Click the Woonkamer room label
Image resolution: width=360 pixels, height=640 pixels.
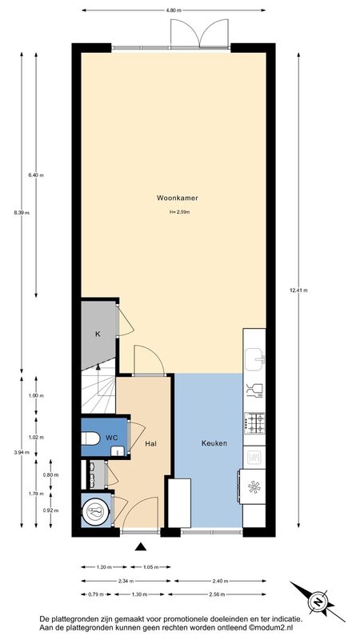pos(178,198)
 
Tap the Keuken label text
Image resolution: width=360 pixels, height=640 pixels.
pos(214,443)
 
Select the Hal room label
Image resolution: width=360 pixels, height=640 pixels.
pos(151,443)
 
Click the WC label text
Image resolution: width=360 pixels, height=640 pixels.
pos(112,438)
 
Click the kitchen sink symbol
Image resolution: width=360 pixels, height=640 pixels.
pos(254,359)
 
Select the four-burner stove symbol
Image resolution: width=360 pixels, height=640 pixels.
pos(254,423)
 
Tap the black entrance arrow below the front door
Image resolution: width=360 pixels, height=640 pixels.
pos(141,547)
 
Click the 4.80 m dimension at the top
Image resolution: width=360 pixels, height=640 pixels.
pos(174,10)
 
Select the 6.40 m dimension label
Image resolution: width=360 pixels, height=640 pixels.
pos(36,175)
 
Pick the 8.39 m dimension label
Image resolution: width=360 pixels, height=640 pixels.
pos(22,212)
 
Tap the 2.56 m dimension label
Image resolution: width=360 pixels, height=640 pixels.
pos(217,594)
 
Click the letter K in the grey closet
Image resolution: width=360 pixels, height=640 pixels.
pos(98,334)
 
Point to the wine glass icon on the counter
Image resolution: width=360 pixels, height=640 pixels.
pos(254,391)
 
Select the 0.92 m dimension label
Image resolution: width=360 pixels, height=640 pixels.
pos(50,510)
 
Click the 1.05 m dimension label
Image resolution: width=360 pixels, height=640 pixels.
pos(150,567)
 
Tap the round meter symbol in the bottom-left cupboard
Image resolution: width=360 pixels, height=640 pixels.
pos(96,510)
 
